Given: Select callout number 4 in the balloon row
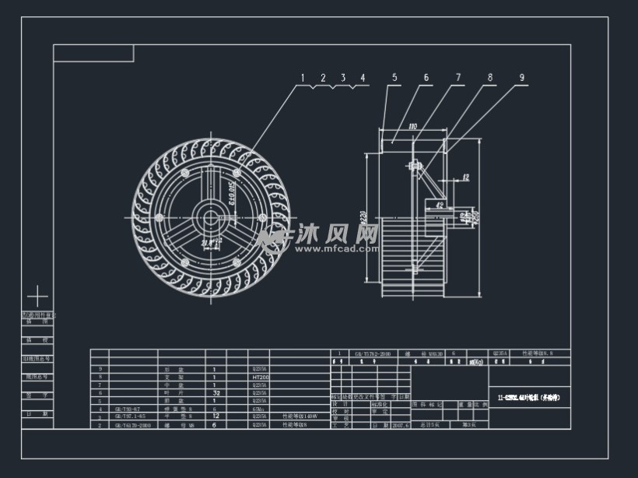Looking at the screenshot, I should coord(362,78).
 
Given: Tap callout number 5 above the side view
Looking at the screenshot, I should coord(394,77).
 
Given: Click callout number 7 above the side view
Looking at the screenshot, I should coord(458,77).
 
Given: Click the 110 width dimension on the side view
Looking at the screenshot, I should coord(412,125).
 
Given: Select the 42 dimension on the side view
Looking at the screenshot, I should coord(440,206).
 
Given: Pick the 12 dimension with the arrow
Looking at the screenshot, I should coord(465,177).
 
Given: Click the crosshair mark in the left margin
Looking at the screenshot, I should coord(37,297).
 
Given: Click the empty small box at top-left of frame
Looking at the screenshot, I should coord(93,53).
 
